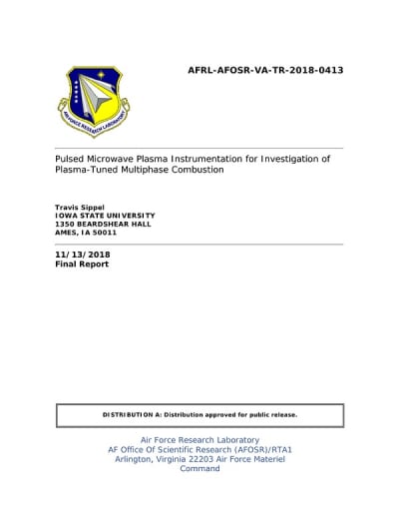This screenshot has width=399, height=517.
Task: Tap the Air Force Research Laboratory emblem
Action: click(x=92, y=102)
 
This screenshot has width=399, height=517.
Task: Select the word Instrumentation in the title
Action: click(x=213, y=158)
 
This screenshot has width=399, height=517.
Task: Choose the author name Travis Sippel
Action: click(x=81, y=205)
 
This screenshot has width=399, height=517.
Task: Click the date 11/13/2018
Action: click(x=83, y=256)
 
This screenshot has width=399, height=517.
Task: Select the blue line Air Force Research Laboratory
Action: click(x=199, y=440)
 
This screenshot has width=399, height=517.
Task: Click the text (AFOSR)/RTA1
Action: click(x=259, y=449)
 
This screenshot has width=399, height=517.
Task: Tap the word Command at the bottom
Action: click(x=199, y=468)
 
